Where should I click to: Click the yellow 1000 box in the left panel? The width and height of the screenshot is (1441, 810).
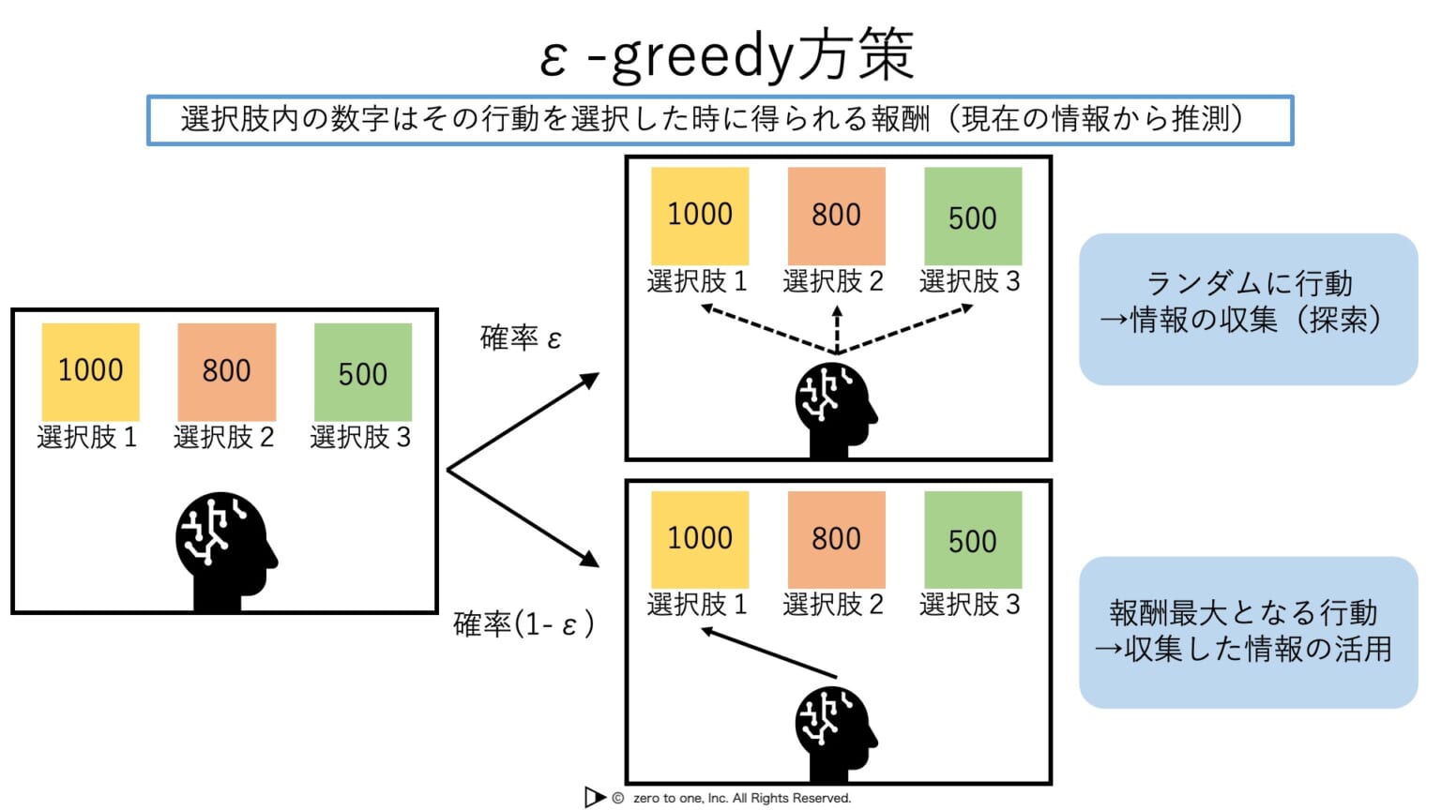click(91, 371)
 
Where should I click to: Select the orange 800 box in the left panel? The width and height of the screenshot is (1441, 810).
click(227, 371)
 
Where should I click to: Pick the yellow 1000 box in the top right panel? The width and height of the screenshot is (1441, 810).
click(700, 216)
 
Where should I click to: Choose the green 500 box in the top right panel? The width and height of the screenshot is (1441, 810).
click(973, 216)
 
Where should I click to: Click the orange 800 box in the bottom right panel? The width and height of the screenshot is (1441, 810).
click(836, 539)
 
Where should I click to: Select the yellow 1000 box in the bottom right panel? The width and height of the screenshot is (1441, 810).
click(700, 539)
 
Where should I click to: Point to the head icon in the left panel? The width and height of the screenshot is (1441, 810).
click(225, 548)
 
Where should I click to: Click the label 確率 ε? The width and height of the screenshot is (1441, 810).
click(521, 337)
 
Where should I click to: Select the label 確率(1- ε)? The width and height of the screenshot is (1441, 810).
click(523, 623)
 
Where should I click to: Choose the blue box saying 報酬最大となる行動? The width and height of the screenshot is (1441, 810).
click(1248, 632)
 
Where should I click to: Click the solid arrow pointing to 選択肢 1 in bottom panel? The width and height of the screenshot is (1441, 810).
click(769, 653)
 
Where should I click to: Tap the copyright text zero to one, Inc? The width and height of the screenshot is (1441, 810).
click(741, 798)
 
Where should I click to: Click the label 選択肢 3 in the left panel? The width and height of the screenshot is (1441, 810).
click(361, 438)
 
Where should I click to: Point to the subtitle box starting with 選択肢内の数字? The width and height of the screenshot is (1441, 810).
click(720, 120)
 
